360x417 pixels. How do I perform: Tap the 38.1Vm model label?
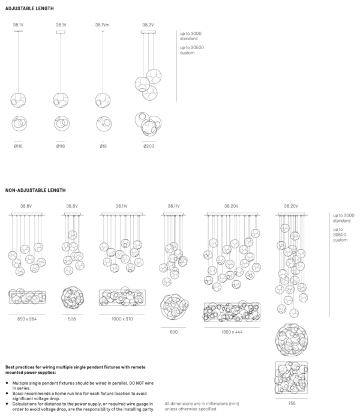(103, 25)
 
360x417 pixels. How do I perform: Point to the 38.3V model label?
(148, 25)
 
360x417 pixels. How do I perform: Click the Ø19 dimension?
(103, 146)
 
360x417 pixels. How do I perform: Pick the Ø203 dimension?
(148, 146)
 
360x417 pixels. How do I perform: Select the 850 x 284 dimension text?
(27, 318)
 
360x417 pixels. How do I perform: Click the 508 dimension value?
(72, 318)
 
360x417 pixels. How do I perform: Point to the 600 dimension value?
(173, 331)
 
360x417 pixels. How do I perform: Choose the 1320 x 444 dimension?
(231, 331)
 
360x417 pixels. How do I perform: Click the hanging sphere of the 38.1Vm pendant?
(103, 99)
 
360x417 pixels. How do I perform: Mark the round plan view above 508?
(73, 298)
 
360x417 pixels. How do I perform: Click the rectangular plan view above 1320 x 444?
(231, 312)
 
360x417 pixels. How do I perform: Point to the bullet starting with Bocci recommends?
(78, 392)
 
